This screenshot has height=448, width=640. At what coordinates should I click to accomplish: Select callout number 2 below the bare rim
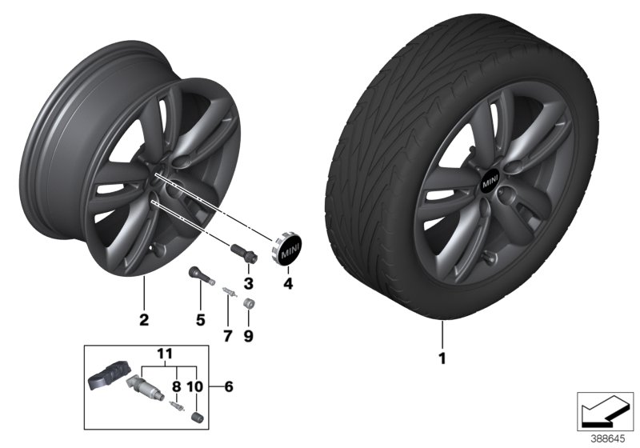pyautogui.click(x=144, y=321)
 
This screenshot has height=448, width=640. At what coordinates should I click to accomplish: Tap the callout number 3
pyautogui.click(x=249, y=284)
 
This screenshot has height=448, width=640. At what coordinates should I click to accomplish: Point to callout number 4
pyautogui.click(x=289, y=284)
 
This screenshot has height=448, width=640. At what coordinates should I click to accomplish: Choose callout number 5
pyautogui.click(x=201, y=321)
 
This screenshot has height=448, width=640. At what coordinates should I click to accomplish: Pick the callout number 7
pyautogui.click(x=226, y=337)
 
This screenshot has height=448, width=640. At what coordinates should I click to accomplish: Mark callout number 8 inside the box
pyautogui.click(x=176, y=386)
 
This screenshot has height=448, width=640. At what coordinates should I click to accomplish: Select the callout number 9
pyautogui.click(x=248, y=337)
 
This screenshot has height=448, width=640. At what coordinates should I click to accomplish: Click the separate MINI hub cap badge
pyautogui.click(x=286, y=250)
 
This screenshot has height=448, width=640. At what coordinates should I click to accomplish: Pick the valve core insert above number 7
pyautogui.click(x=228, y=294)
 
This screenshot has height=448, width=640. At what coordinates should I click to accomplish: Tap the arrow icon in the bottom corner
pyautogui.click(x=605, y=409)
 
